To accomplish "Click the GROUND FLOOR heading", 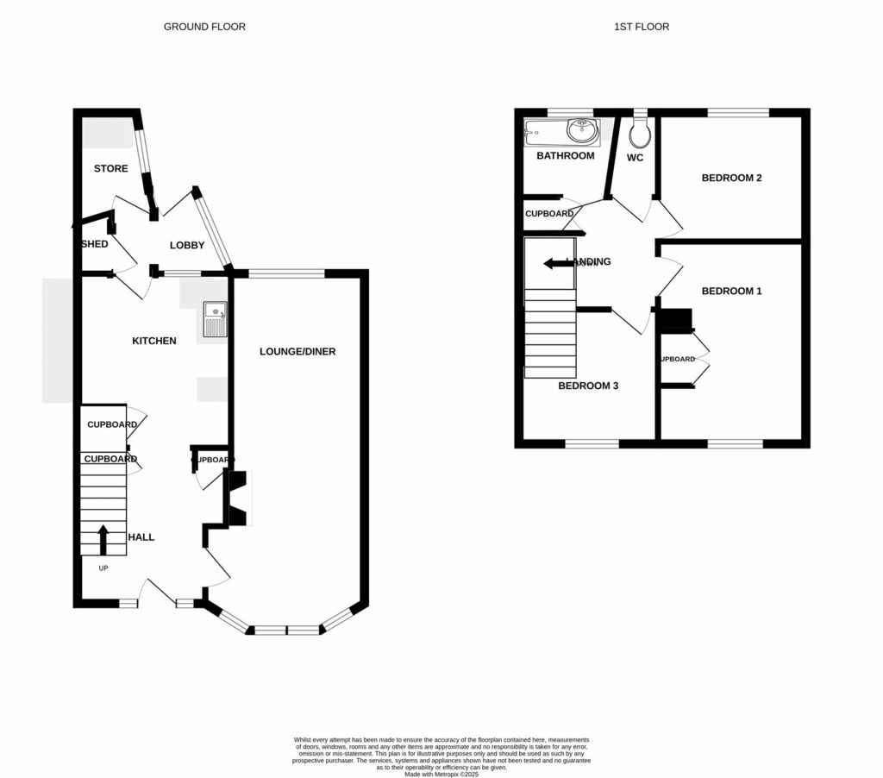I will point(204,27).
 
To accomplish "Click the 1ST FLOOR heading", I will point(641,27).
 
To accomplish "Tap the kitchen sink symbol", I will point(215,319).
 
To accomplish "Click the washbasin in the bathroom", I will point(582,132).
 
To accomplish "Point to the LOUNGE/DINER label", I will point(297,352).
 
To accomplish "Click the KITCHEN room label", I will point(153,341).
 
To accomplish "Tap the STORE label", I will point(111,169).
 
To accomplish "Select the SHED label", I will point(94,244).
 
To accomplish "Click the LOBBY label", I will point(186,246).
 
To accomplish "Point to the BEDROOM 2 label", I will point(731,179).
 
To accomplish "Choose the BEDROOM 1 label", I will point(731,292).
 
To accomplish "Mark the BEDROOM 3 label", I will point(588,386).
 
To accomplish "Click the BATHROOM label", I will point(565,156).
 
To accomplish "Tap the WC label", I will point(635,158).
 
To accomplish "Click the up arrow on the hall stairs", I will point(103,539).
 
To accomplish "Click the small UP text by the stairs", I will point(103,568).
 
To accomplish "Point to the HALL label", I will point(141,537).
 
